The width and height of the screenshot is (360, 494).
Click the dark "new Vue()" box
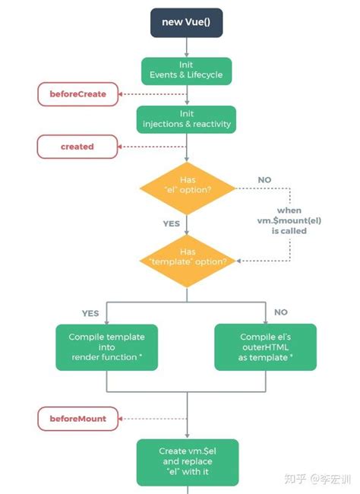[x=186, y=22]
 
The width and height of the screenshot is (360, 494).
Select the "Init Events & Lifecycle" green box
[x=186, y=71]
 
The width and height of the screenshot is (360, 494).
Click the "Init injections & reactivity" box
[x=186, y=119]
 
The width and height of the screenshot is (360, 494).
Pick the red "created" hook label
[x=77, y=146]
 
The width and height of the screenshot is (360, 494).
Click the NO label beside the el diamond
[x=265, y=180]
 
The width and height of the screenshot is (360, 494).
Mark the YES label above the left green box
[x=90, y=312]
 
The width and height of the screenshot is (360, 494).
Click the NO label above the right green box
[x=280, y=312]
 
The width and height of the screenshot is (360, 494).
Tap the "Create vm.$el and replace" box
[x=186, y=461]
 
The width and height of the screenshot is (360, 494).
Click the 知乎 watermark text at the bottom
[x=296, y=480]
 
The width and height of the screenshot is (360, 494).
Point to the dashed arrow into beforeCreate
[x=152, y=94]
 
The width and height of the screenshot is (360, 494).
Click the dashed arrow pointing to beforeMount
[x=152, y=418]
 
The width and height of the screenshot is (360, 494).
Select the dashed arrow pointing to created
[x=152, y=146]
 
